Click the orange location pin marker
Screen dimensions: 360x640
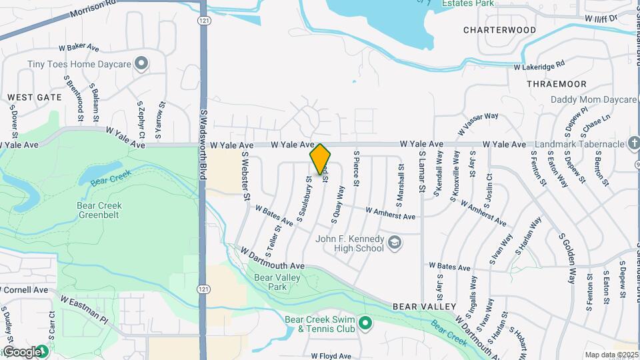tap(321, 159)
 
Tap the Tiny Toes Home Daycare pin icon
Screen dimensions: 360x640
tap(141, 64)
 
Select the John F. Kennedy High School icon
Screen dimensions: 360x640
tap(395, 243)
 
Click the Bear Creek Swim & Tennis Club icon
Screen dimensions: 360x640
tap(365, 323)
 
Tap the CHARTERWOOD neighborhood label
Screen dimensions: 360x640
tap(499, 30)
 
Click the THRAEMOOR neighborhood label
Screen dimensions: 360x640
tap(556, 84)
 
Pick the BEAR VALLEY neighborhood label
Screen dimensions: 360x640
tap(424, 307)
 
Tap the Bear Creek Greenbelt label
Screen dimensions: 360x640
tap(99, 210)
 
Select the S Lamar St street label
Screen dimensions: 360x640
tap(422, 172)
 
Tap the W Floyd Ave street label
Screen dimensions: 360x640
tap(331, 356)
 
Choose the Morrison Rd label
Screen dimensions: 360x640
tap(93, 4)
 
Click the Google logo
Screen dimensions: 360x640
tap(21, 351)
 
